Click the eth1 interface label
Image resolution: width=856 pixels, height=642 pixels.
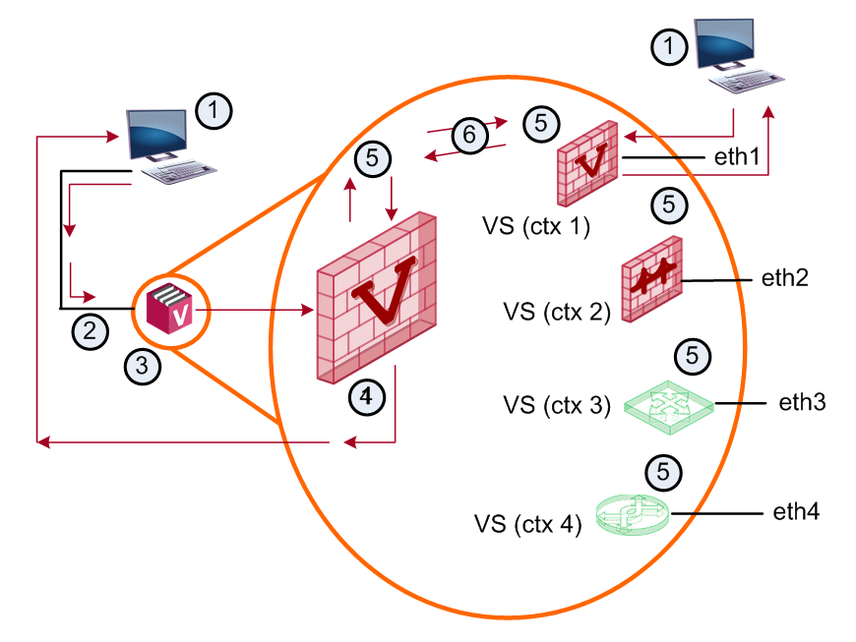[736, 157]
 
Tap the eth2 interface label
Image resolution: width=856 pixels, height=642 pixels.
[784, 278]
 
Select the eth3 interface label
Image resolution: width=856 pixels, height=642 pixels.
[802, 402]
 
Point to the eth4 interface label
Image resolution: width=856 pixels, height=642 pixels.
[796, 512]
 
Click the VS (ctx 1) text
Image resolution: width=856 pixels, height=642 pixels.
[536, 226]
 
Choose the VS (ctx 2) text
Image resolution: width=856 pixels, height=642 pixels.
[557, 312]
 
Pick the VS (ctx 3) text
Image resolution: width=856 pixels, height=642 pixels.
[557, 405]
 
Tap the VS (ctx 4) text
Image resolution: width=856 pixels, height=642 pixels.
[528, 524]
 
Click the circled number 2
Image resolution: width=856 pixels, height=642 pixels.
[91, 331]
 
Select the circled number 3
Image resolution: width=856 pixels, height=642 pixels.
[142, 366]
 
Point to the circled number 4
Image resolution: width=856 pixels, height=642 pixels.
[367, 396]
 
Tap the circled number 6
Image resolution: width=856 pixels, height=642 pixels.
[469, 135]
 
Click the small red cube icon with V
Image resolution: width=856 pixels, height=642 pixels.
[169, 310]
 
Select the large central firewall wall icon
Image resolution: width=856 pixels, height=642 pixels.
[377, 297]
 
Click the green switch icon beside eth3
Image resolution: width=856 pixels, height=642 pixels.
[669, 407]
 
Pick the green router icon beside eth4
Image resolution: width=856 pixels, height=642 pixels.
[633, 515]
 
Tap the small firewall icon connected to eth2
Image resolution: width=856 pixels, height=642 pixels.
[651, 279]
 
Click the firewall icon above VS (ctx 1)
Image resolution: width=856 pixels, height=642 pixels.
[587, 163]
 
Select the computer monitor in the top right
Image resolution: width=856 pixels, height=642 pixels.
[724, 44]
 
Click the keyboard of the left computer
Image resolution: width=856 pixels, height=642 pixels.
[179, 172]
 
